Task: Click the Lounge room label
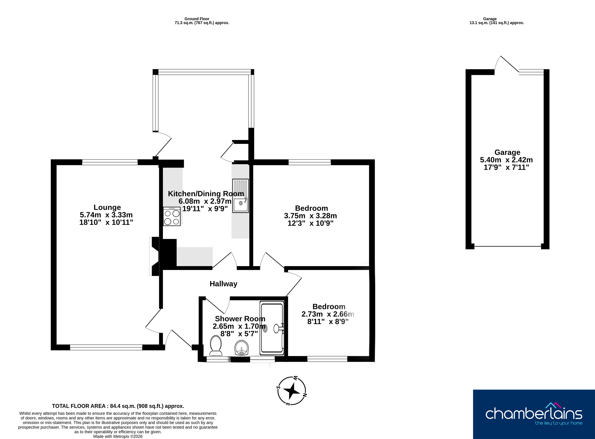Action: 107,207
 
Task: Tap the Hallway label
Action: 223,284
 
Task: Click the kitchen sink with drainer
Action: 241,196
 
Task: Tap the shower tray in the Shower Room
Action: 272,328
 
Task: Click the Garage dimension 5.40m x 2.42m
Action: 506,160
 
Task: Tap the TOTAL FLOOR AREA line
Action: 118,406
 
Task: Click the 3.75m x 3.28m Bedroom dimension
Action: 310,216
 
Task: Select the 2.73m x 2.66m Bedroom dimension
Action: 328,314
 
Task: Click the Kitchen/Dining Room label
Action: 206,194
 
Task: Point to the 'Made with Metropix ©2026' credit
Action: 118,436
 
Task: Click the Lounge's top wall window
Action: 110,162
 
